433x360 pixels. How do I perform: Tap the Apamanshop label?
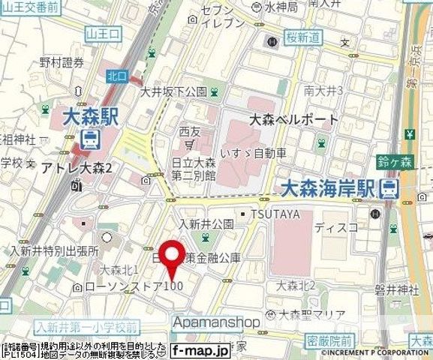pyautogui.click(x=218, y=322)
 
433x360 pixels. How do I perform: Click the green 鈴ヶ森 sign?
pyautogui.click(x=393, y=161)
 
